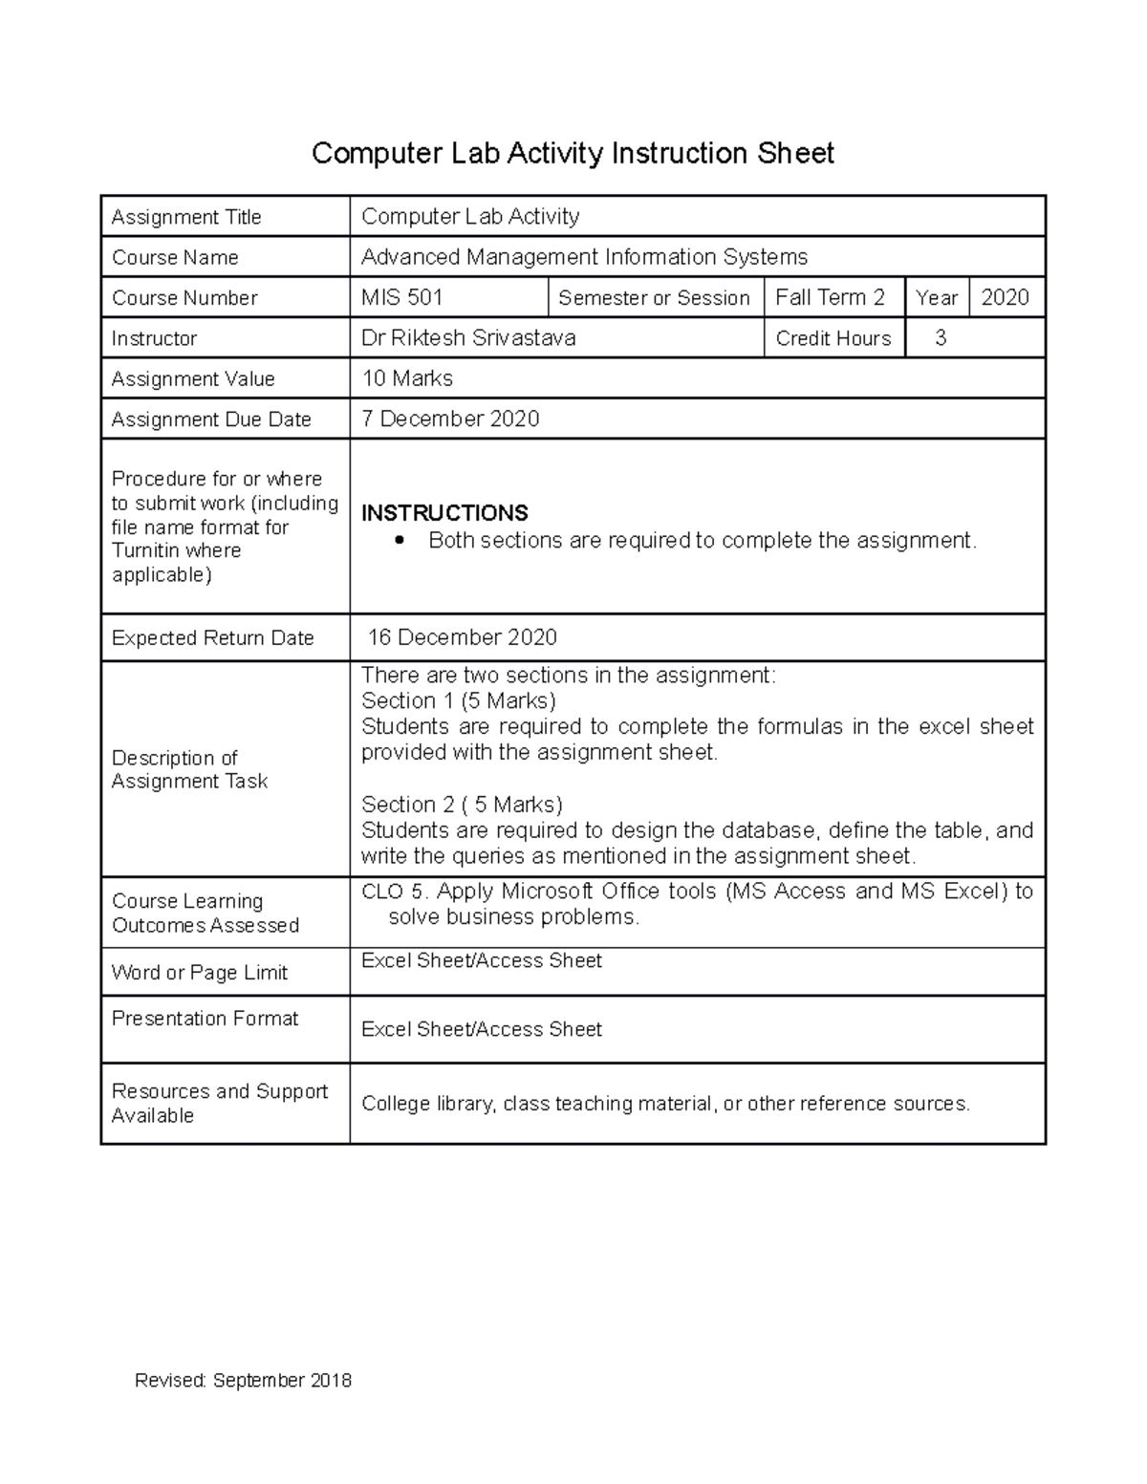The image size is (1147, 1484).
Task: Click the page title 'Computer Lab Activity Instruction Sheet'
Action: (x=573, y=153)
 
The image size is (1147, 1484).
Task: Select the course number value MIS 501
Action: (x=401, y=297)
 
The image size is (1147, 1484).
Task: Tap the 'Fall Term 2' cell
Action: (x=830, y=297)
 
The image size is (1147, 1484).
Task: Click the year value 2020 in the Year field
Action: (x=1005, y=297)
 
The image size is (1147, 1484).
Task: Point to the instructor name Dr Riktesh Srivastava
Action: (x=468, y=338)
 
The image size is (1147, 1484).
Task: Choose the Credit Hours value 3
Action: (x=941, y=337)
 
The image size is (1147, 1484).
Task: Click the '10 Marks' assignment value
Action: (x=407, y=378)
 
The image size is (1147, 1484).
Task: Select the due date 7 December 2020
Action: (x=450, y=419)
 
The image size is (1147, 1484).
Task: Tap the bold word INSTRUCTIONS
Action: (x=444, y=513)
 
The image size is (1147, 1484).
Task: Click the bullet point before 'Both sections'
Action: (x=401, y=541)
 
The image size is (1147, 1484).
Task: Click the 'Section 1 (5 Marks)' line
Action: (x=459, y=700)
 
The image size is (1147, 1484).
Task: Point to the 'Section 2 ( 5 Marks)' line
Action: (x=462, y=805)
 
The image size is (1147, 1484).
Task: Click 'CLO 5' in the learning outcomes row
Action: (x=393, y=892)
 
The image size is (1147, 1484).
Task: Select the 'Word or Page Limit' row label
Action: (x=200, y=973)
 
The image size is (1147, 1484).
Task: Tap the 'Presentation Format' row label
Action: (x=205, y=1019)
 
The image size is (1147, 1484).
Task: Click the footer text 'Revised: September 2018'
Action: (x=243, y=1381)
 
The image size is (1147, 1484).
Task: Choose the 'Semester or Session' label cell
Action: (x=654, y=298)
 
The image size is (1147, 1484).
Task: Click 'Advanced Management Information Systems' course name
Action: (x=584, y=257)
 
